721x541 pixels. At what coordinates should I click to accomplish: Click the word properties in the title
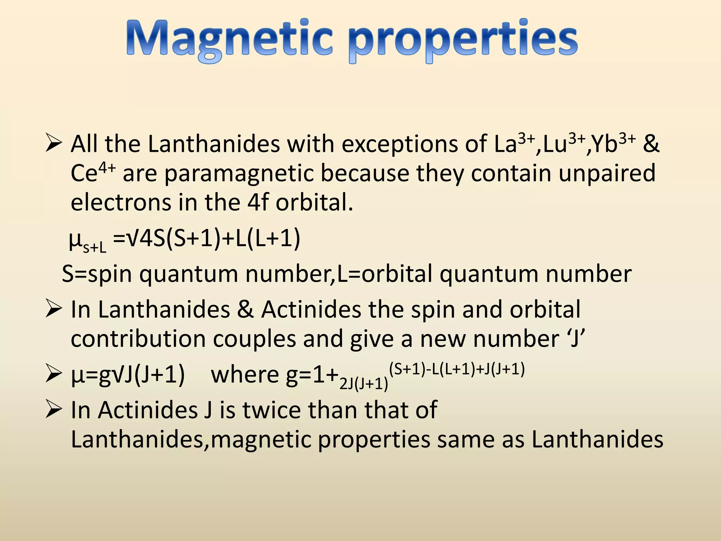[464, 41]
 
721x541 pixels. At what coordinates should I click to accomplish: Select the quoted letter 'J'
[575, 339]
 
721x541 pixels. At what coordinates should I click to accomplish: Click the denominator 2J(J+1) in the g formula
[364, 384]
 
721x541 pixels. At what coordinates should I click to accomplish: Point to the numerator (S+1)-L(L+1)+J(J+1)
[457, 369]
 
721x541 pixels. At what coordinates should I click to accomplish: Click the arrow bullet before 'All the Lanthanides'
[54, 144]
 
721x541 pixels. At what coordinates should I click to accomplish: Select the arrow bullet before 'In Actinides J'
[54, 410]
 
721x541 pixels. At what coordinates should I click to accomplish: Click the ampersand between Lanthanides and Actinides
[245, 310]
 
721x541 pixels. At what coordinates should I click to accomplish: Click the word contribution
[138, 339]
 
